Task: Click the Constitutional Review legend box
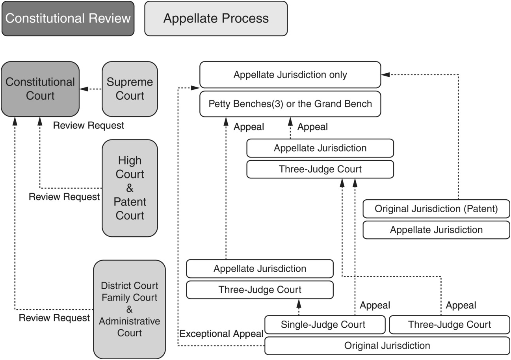pyautogui.click(x=68, y=19)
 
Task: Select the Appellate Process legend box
pyautogui.click(x=216, y=19)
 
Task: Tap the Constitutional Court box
pyautogui.click(x=40, y=89)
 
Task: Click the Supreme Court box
pyautogui.click(x=130, y=89)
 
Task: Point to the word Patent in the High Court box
pyautogui.click(x=130, y=202)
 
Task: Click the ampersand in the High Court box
pyautogui.click(x=130, y=188)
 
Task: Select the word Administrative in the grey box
pyautogui.click(x=130, y=321)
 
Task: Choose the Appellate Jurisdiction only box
pyautogui.click(x=290, y=75)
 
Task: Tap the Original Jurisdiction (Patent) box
pyautogui.click(x=436, y=209)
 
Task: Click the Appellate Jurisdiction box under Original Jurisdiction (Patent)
pyautogui.click(x=436, y=230)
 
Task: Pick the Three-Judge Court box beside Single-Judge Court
pyautogui.click(x=450, y=325)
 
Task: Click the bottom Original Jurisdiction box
pyautogui.click(x=387, y=346)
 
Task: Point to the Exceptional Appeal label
pyautogui.click(x=221, y=334)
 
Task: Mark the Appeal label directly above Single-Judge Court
pyautogui.click(x=375, y=305)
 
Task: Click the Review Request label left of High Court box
pyautogui.click(x=64, y=197)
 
